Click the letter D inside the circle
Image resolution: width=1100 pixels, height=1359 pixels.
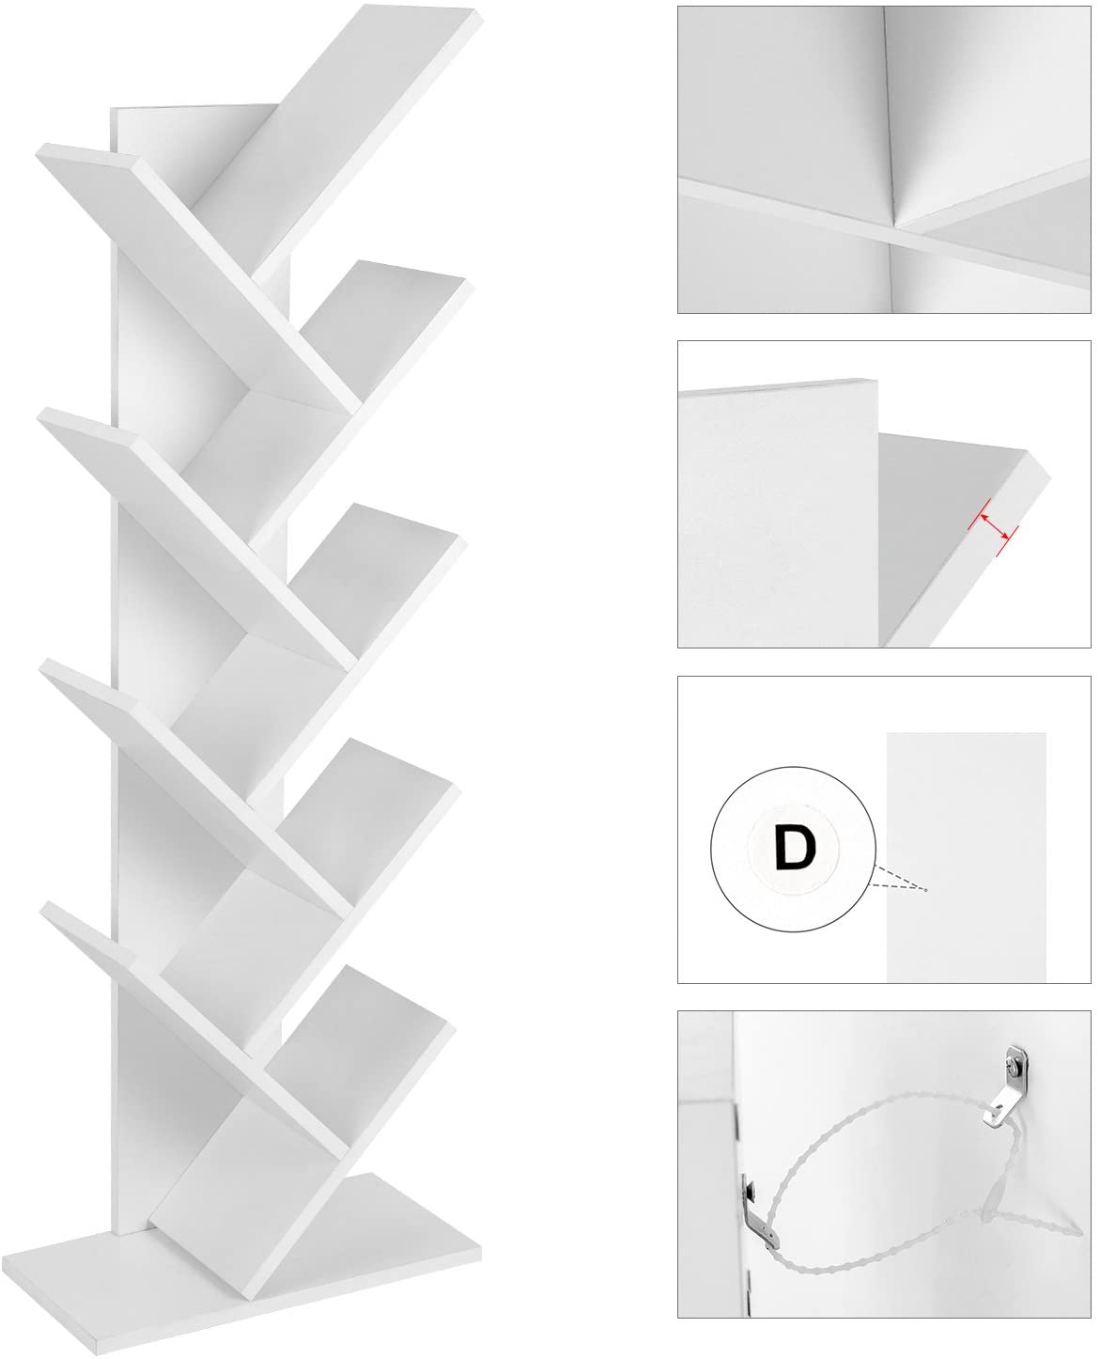pos(796,848)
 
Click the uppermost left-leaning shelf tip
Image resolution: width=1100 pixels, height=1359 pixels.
pos(39,151)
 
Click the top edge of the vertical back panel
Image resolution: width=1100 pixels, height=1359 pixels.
pos(194,106)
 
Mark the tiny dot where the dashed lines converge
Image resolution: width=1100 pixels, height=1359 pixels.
pos(926,890)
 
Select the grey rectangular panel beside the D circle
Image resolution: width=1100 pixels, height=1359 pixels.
pos(966,857)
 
